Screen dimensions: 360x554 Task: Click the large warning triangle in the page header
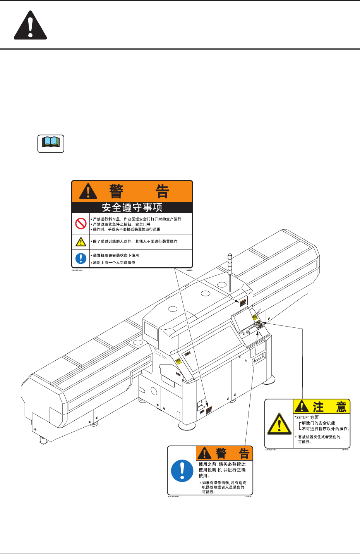30,26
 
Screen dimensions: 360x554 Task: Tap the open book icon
51,143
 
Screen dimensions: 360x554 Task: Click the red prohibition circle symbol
81,224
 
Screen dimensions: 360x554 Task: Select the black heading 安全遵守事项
132,207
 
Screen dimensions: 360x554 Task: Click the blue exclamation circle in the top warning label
81,258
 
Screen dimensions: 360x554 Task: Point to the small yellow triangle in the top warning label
81,242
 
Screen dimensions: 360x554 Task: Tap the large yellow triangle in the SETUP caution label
279,424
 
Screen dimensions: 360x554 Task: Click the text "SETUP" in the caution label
302,418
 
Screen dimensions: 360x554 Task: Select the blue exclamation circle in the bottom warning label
182,471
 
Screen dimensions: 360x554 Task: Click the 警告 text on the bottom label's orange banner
232,453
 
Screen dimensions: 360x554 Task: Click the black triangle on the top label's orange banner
88,191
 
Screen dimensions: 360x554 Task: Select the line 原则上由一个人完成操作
114,263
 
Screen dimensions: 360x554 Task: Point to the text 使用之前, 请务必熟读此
222,464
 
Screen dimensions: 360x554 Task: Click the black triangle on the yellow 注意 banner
302,407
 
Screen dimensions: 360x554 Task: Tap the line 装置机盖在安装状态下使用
116,255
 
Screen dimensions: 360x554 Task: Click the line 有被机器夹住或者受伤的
319,437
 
